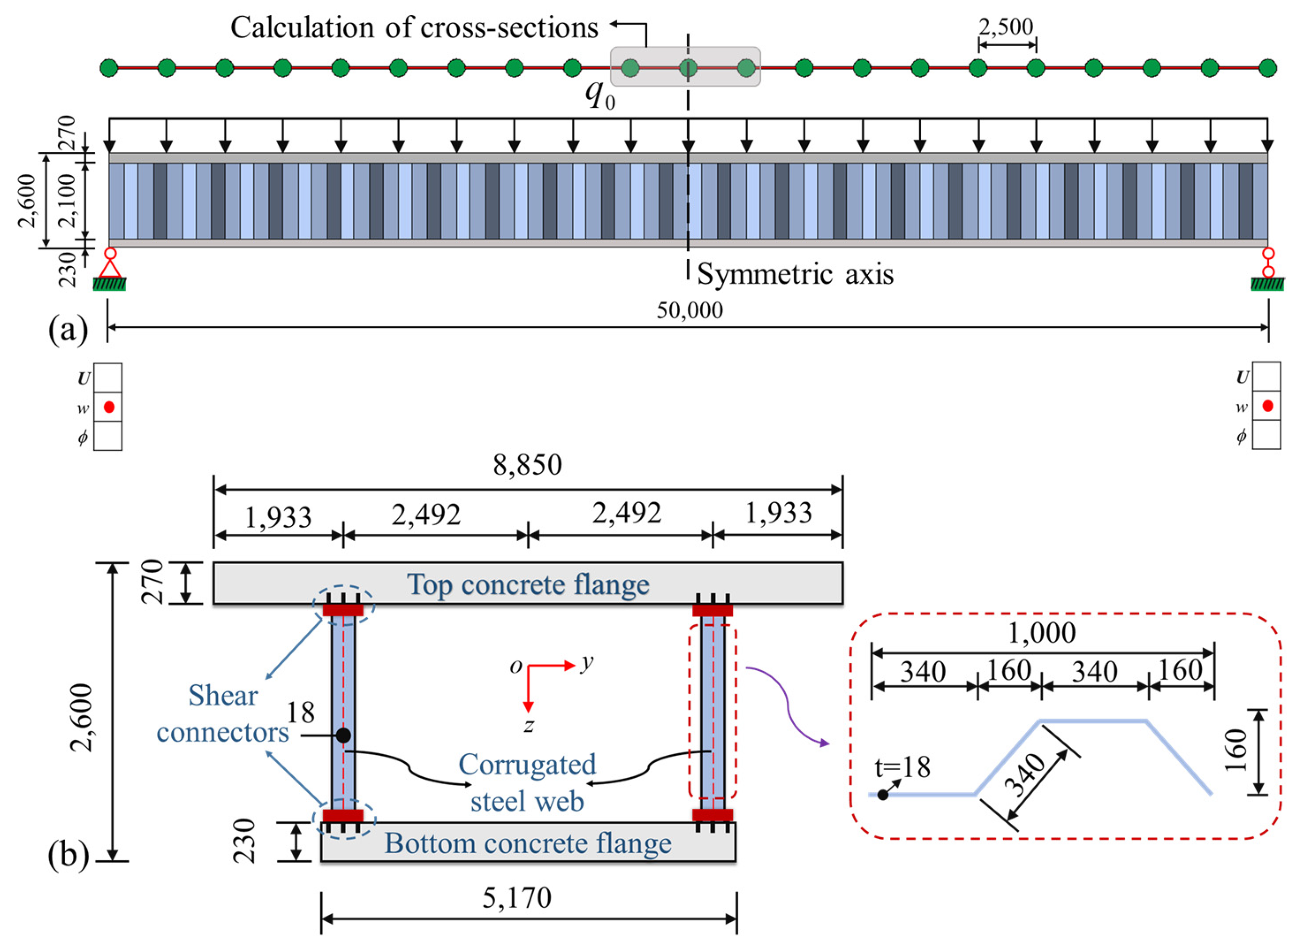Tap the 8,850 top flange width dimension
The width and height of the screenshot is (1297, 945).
(528, 465)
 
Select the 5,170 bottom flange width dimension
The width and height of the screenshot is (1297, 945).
(517, 898)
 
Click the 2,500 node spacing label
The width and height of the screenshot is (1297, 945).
(1006, 27)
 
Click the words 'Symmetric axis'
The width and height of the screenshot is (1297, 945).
(795, 274)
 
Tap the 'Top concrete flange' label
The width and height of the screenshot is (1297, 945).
(528, 585)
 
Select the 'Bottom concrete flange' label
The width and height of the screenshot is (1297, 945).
(528, 843)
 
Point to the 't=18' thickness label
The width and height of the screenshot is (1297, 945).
(903, 768)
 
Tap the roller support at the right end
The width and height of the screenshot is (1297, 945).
(1268, 263)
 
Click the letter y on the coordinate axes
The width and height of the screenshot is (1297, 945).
(586, 663)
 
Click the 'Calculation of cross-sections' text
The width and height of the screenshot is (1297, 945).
(414, 28)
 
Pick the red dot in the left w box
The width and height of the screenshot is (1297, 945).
(109, 407)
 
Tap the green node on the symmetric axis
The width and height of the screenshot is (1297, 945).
(688, 68)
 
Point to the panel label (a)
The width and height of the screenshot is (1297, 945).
(68, 329)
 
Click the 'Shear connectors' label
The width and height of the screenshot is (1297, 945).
(223, 714)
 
